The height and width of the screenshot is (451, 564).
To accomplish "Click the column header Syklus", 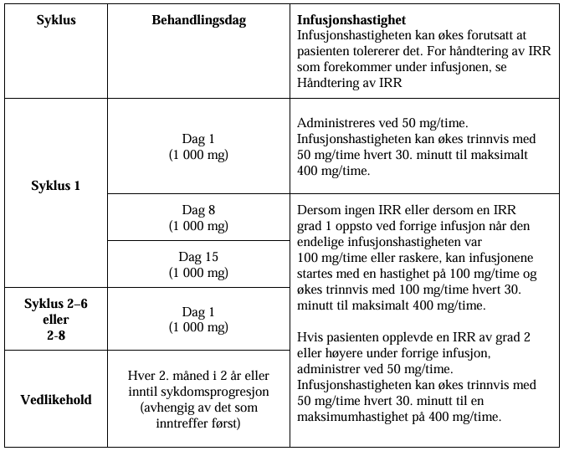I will [56, 21].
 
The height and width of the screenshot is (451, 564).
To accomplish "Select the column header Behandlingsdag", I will [199, 21].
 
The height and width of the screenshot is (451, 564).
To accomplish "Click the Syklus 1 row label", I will [56, 186].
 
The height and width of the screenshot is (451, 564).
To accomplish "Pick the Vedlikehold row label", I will [56, 399].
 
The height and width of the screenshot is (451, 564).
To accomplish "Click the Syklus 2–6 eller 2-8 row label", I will [56, 319].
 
